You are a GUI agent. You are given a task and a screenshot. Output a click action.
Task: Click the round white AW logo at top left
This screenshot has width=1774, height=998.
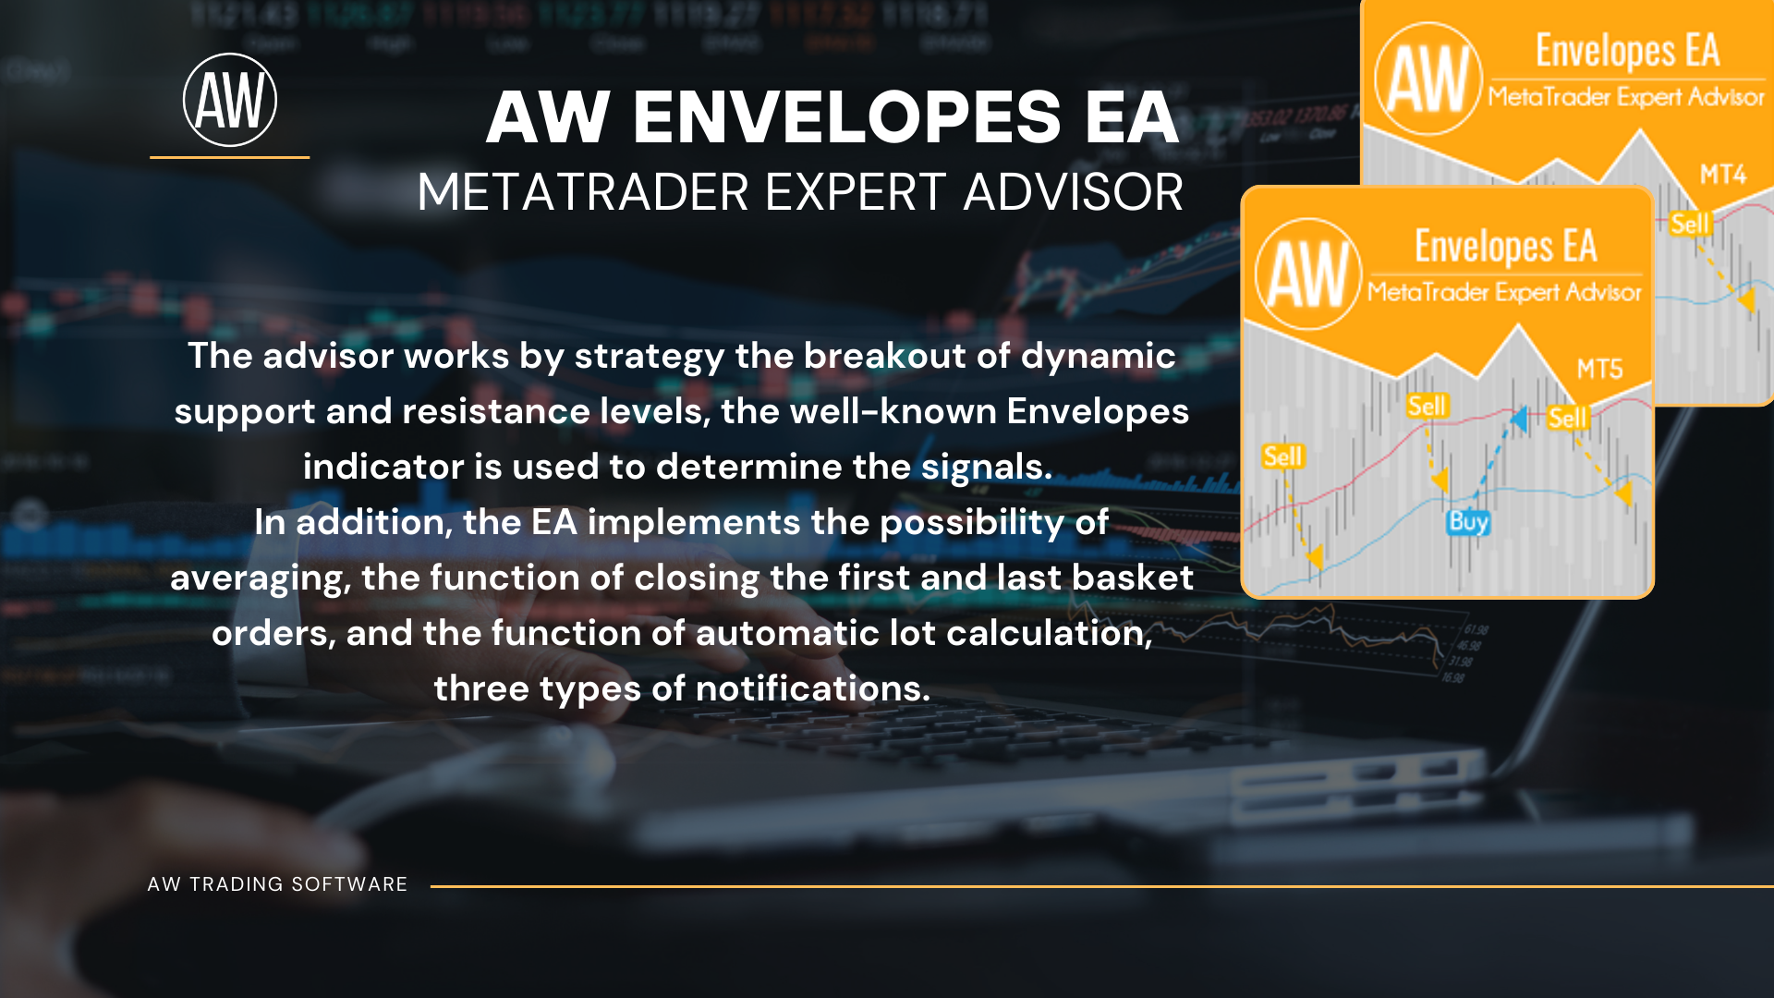tap(230, 100)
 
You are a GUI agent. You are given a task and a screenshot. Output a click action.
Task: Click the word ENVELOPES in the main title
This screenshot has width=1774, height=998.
tap(847, 117)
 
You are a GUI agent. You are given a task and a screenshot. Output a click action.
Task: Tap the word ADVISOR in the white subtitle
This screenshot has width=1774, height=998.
tap(1073, 192)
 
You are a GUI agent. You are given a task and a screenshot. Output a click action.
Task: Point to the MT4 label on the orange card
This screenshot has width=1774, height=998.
tap(1723, 175)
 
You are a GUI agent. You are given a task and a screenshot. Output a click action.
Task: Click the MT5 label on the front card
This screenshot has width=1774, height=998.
tap(1599, 370)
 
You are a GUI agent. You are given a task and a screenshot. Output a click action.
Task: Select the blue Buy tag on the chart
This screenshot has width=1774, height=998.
tap(1468, 522)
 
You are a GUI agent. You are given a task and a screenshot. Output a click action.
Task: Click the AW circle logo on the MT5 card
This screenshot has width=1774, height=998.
tap(1308, 274)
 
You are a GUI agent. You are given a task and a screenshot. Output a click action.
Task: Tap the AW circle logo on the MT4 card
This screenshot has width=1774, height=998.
tap(1428, 79)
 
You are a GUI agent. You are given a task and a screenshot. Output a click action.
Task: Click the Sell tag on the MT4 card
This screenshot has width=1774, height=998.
tap(1690, 224)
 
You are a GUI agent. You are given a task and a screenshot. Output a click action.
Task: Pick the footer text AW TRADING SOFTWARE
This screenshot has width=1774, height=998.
tap(277, 884)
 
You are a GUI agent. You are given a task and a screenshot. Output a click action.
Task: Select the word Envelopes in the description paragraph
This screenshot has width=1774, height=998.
tap(1098, 412)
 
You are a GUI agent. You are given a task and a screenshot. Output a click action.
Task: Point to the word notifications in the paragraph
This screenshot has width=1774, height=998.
tap(812, 688)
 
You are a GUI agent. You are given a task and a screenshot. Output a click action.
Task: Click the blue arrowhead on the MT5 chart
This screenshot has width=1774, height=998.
tap(1518, 419)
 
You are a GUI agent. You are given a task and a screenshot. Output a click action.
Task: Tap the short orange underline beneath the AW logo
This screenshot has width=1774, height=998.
tap(229, 157)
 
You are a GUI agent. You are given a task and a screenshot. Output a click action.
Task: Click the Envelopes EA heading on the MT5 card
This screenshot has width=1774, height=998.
tap(1505, 247)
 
